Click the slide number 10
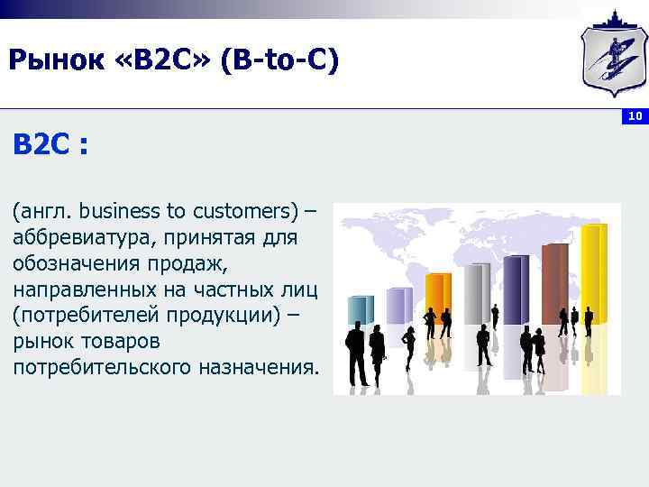(x=635, y=116)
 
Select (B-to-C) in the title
(x=284, y=60)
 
